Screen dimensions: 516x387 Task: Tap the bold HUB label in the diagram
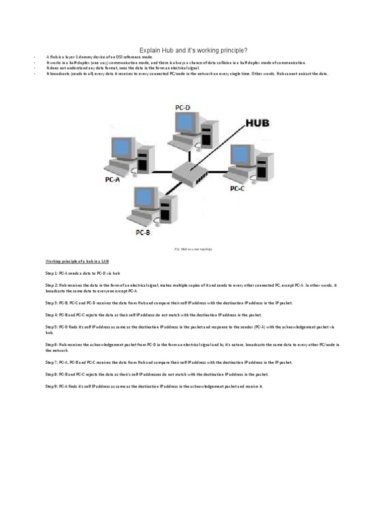[x=257, y=123]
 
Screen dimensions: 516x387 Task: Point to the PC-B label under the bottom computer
[x=143, y=232]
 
